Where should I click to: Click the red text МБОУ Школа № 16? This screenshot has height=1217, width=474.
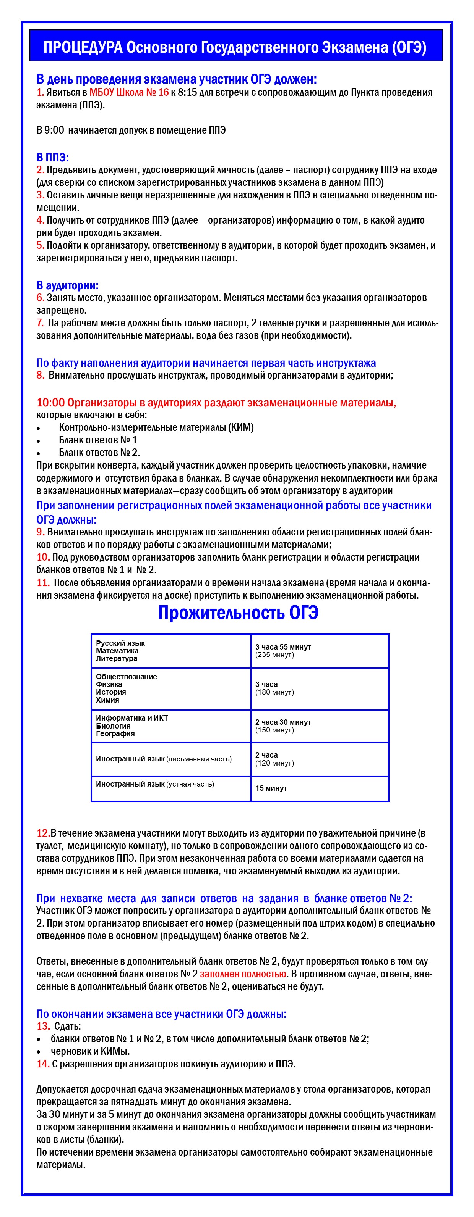pyautogui.click(x=129, y=93)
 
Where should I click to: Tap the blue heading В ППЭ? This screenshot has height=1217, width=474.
pyautogui.click(x=52, y=158)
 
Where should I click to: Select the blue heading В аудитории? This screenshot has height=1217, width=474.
pyautogui.click(x=68, y=285)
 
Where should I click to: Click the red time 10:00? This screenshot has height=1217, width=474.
pyautogui.click(x=50, y=403)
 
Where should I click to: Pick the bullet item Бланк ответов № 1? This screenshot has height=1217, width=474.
pyautogui.click(x=98, y=440)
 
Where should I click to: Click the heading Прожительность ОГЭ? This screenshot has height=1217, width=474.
pyautogui.click(x=238, y=613)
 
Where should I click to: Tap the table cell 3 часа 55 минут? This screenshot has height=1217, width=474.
pyautogui.click(x=283, y=647)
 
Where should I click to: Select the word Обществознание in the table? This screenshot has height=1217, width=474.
pyautogui.click(x=126, y=677)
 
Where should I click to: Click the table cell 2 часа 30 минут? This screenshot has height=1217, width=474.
pyautogui.click(x=283, y=722)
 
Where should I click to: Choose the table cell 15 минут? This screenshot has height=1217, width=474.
pyautogui.click(x=271, y=788)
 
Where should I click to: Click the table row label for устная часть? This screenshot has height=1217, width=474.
pyautogui.click(x=155, y=784)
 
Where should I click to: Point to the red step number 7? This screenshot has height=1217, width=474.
pyautogui.click(x=40, y=323)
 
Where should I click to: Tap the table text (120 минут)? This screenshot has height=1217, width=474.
pyautogui.click(x=274, y=763)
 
